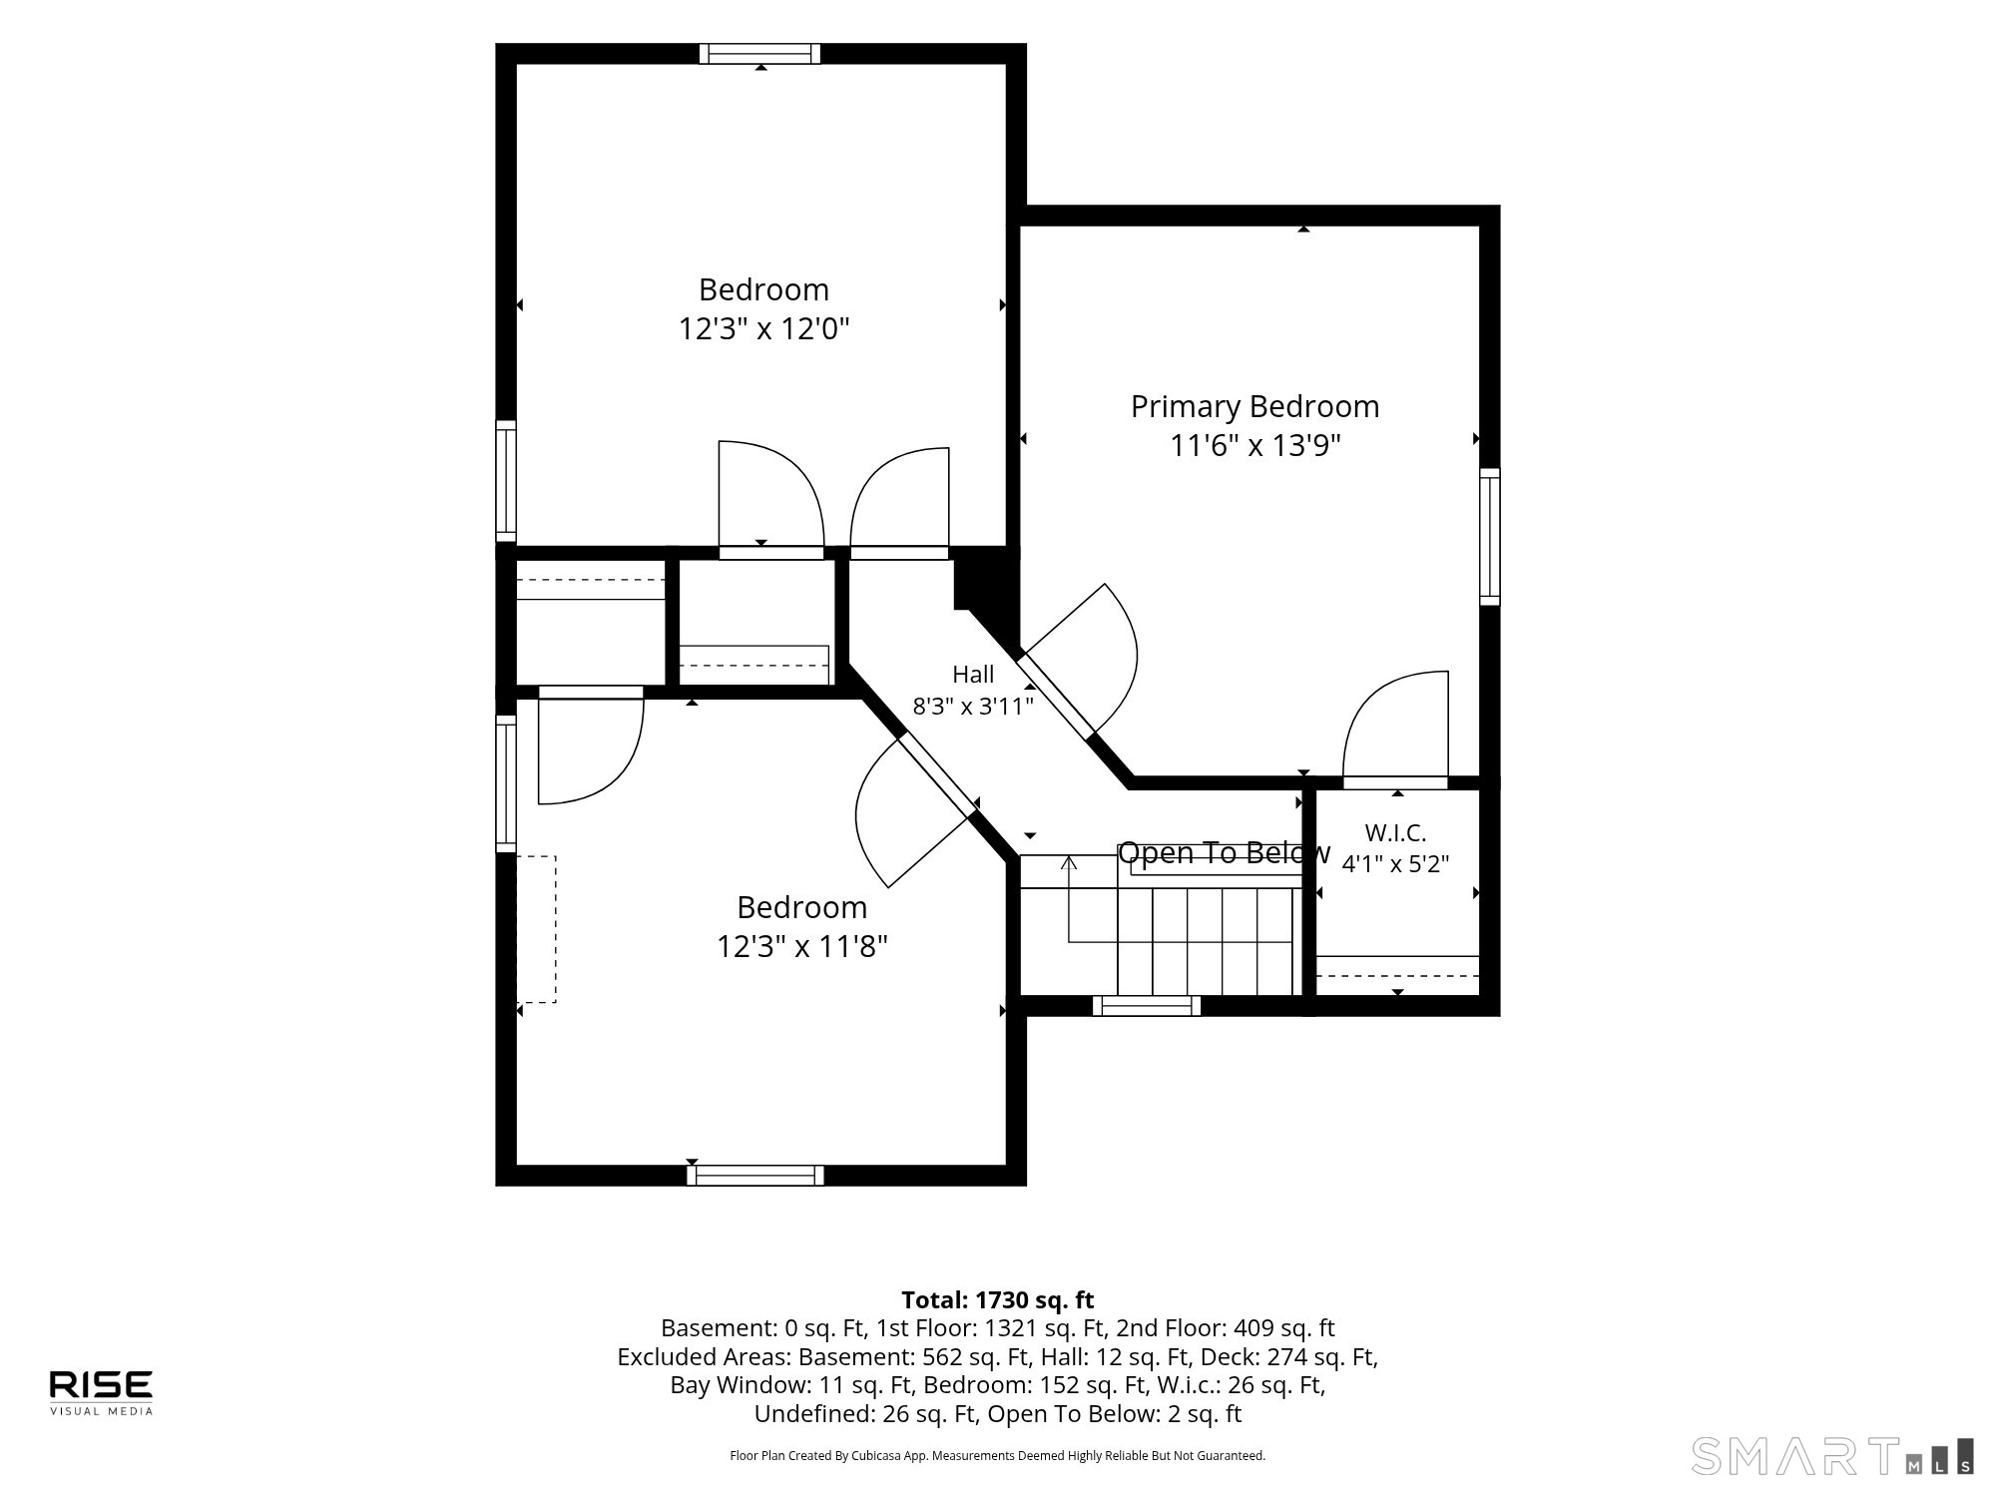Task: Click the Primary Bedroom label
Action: (x=1254, y=406)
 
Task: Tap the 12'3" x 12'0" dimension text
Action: (x=763, y=328)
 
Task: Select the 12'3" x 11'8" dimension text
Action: (x=801, y=946)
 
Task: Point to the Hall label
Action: (x=973, y=674)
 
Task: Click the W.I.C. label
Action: (x=1395, y=832)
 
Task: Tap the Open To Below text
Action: (x=1224, y=852)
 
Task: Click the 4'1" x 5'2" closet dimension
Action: (x=1395, y=864)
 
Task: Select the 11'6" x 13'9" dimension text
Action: (x=1254, y=445)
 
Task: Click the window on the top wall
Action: (x=759, y=54)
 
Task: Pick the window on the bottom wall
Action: (x=755, y=1176)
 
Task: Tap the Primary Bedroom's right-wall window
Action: (x=1489, y=537)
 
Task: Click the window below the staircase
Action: (x=1147, y=1006)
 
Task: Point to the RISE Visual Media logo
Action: (x=101, y=1392)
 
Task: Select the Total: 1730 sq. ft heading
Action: (x=998, y=1300)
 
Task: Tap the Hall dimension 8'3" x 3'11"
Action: (x=973, y=707)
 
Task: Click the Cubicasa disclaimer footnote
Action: (x=998, y=1456)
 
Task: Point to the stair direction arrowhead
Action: (x=1069, y=862)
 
